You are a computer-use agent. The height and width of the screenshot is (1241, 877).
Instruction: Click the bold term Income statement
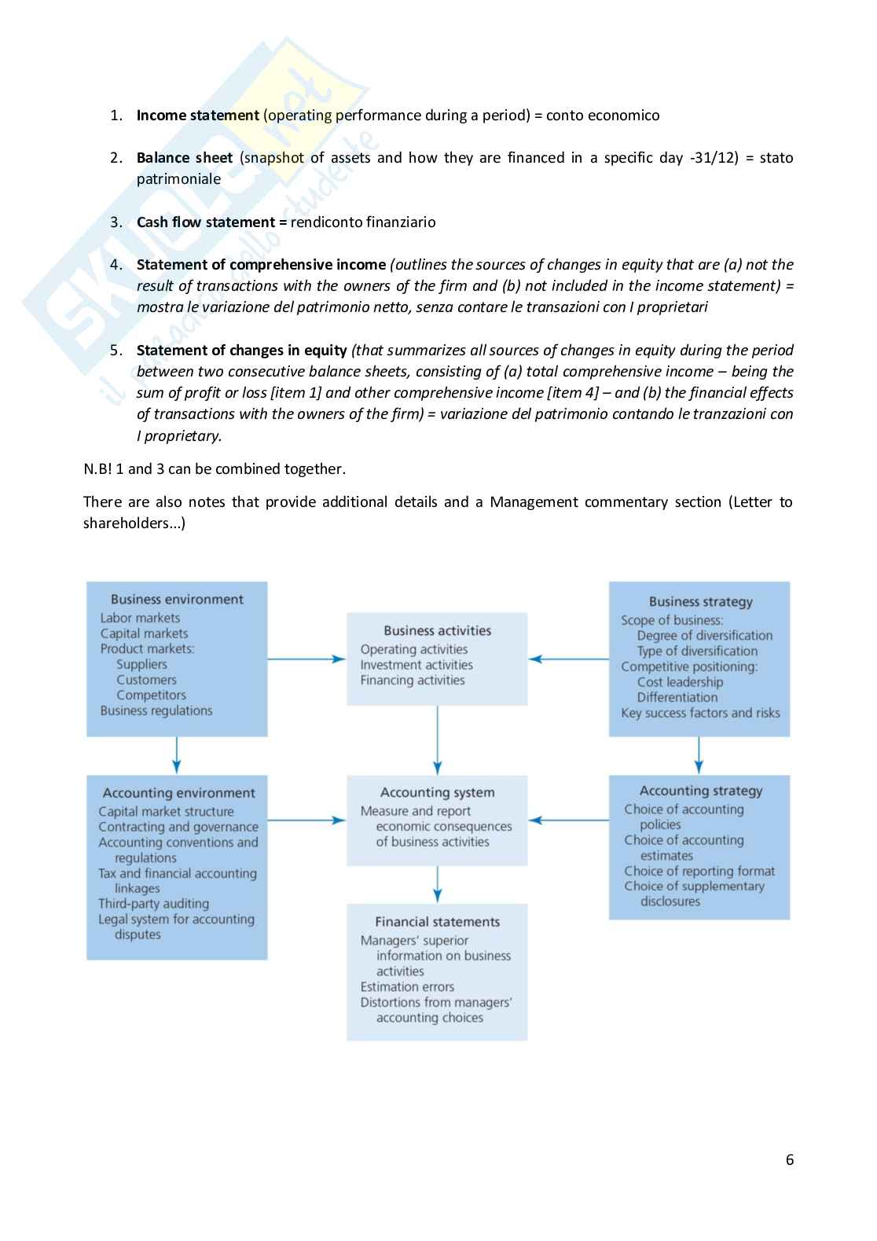(197, 116)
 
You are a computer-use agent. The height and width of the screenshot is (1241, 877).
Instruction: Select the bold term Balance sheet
(184, 158)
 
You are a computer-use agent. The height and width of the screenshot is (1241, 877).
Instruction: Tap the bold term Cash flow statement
(206, 222)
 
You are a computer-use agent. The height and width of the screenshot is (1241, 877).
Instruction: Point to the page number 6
(790, 1160)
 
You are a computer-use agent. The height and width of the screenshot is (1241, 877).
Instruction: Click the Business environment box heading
(177, 600)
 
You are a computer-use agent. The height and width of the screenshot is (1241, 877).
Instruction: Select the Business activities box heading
(437, 631)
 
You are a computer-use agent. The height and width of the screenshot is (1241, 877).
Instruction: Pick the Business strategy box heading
(700, 602)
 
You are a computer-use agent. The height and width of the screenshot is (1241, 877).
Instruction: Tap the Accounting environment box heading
(178, 794)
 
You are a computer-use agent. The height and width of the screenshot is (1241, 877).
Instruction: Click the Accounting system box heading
(437, 793)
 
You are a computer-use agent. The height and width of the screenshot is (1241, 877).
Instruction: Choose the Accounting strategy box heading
(700, 791)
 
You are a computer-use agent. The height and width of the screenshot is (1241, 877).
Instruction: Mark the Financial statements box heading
(437, 922)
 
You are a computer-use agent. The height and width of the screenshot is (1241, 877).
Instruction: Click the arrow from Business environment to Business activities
(306, 659)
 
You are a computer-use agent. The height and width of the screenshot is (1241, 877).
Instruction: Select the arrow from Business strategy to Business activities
(568, 659)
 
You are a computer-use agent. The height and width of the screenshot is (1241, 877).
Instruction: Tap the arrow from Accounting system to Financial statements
(437, 885)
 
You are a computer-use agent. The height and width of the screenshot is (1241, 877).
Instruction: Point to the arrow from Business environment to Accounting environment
(177, 756)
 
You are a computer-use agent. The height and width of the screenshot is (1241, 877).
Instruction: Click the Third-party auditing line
(153, 904)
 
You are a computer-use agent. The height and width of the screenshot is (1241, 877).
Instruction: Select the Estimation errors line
(407, 987)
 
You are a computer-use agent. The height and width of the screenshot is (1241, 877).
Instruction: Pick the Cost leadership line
(680, 682)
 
